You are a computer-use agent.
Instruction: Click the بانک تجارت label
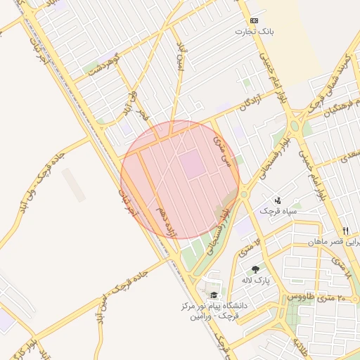pos(257,32)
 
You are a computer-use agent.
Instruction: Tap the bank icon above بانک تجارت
pos(254,21)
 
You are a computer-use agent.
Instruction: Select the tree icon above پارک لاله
pos(255,269)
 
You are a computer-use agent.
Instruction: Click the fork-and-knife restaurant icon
pos(345,230)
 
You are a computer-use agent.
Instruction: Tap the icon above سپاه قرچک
pos(278,200)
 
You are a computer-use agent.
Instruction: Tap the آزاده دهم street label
pos(166,220)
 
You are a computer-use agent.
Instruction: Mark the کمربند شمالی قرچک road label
pos(337,77)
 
